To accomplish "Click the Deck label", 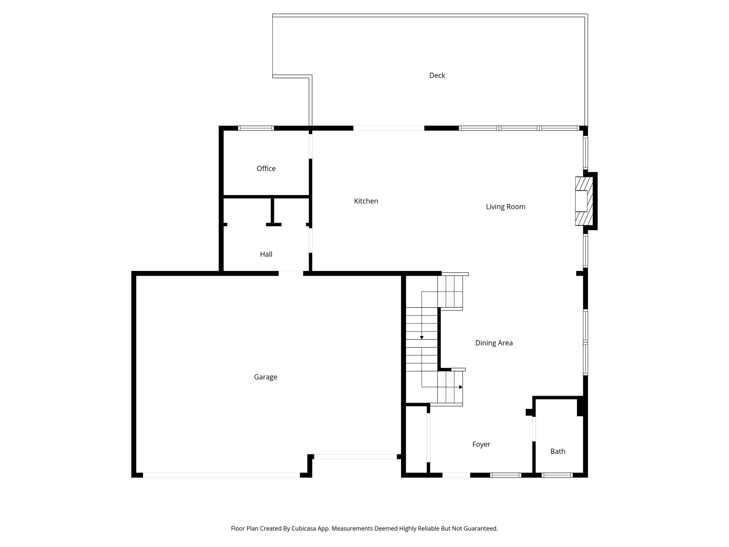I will click(437, 75).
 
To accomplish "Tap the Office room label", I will click(266, 169).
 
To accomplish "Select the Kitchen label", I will click(366, 201).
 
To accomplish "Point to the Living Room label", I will click(505, 207).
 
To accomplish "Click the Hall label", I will click(266, 254).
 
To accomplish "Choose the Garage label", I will click(266, 377).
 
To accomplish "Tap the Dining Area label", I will click(494, 343).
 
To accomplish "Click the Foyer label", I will click(481, 444).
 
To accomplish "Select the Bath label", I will click(558, 452).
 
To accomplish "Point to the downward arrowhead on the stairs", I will click(422, 337).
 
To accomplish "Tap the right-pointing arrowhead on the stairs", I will click(461, 387).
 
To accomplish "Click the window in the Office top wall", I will click(256, 128).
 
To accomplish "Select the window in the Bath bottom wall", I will click(557, 475).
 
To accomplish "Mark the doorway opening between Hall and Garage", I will click(291, 273).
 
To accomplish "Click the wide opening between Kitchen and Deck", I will click(389, 128).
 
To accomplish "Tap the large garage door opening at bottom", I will click(221, 475).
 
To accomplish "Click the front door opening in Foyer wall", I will click(456, 475).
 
